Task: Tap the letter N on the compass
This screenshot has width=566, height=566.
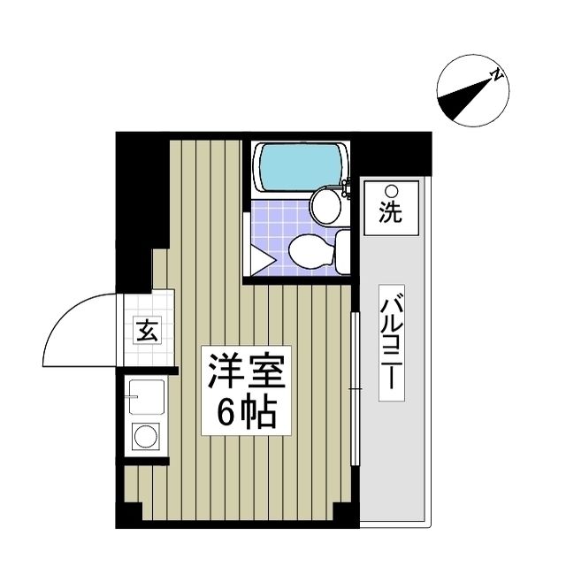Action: tap(498, 75)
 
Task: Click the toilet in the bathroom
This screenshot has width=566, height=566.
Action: tap(312, 251)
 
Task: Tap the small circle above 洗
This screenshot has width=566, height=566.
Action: tap(390, 190)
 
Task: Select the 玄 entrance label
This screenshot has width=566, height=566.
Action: tap(146, 333)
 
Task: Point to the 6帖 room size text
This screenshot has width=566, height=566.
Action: tap(247, 412)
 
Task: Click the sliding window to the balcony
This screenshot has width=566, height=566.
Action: tap(355, 389)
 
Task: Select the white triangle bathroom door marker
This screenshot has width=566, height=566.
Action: tap(258, 261)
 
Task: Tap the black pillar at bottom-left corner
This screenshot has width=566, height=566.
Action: tap(129, 515)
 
